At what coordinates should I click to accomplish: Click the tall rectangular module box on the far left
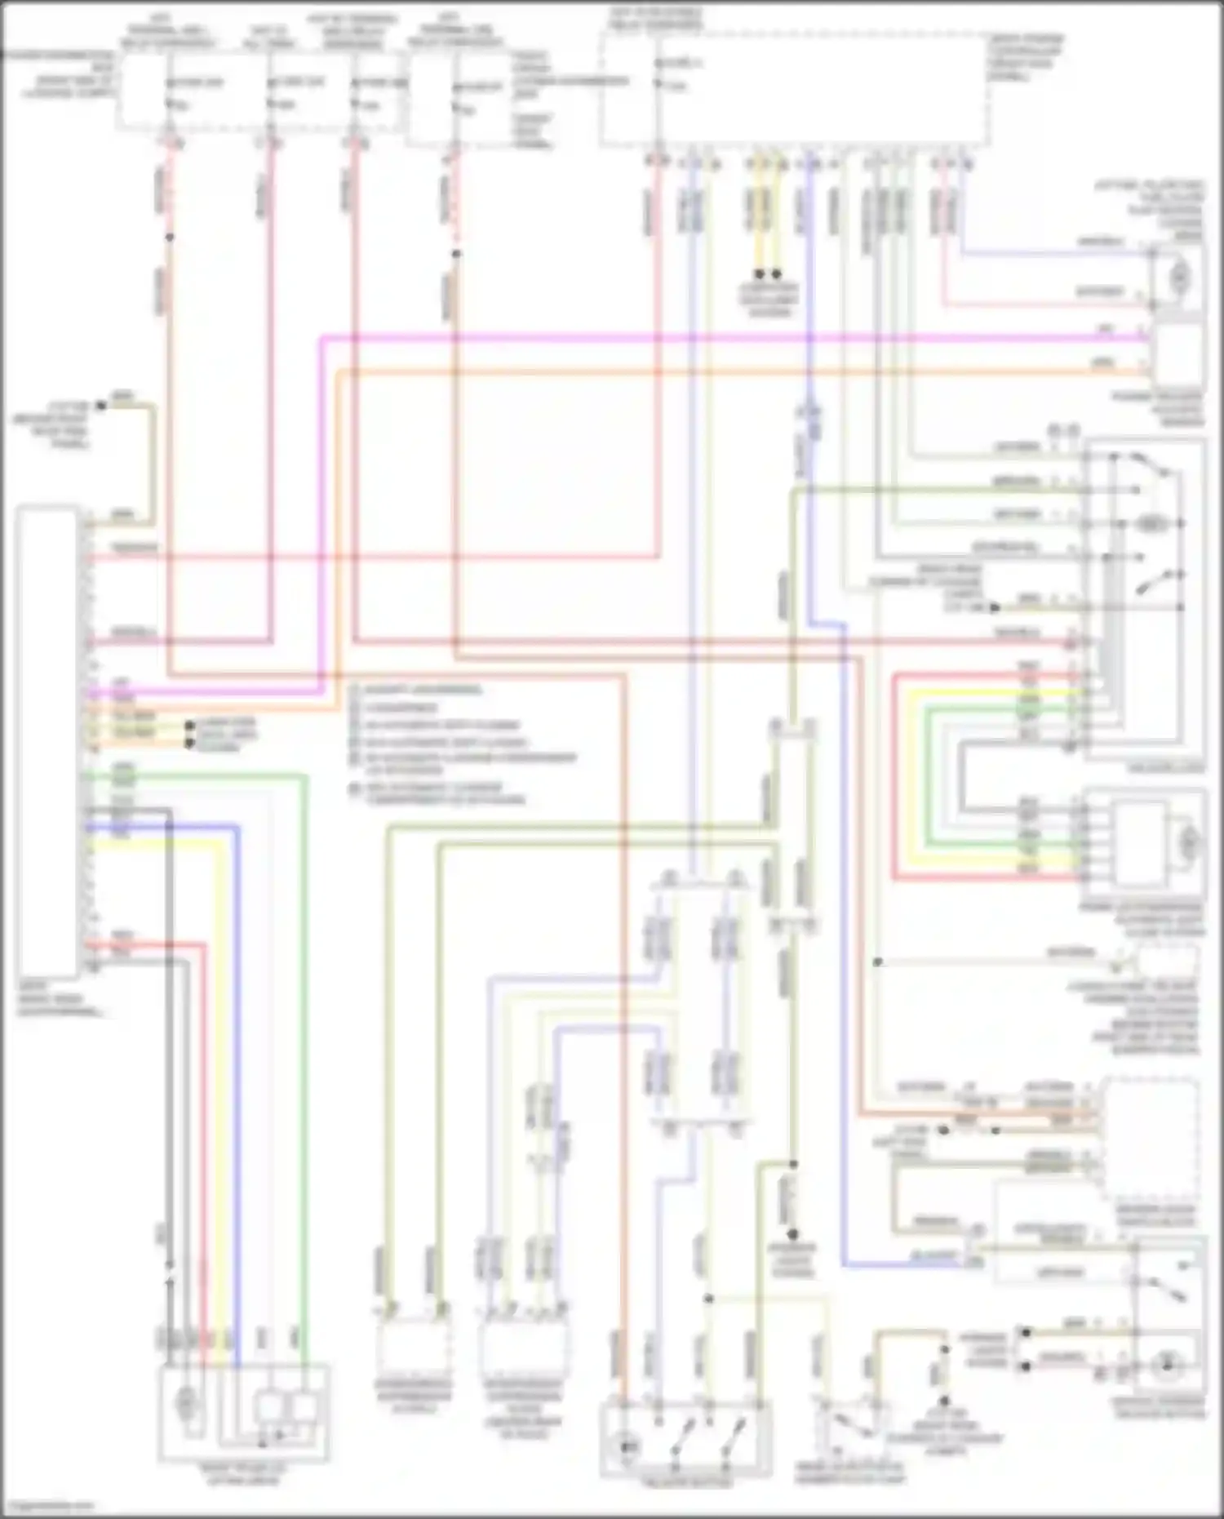(47, 739)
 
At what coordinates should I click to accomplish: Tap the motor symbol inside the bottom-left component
(187, 1401)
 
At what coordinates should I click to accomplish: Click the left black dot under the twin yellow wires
(759, 274)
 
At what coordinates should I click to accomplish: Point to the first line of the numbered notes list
(416, 691)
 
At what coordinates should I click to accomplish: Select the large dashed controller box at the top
(796, 90)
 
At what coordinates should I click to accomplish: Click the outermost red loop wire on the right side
(894, 775)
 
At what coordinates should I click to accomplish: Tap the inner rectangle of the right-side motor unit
(1141, 833)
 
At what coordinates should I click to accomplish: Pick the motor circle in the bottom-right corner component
(1168, 1364)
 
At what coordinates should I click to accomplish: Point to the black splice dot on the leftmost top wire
(170, 238)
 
